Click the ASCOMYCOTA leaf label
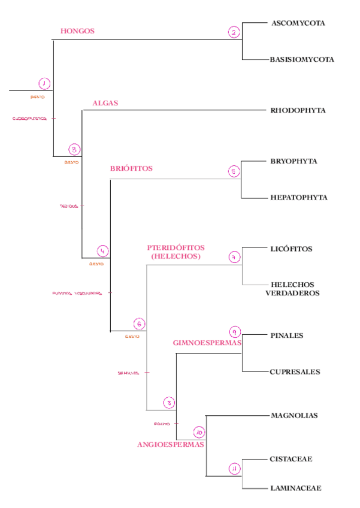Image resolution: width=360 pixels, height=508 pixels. (298, 23)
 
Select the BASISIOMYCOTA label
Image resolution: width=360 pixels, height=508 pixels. (301, 59)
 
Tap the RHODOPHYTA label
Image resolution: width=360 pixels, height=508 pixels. (298, 110)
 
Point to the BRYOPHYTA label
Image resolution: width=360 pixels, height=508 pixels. (294, 161)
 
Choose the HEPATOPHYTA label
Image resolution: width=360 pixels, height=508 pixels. (298, 197)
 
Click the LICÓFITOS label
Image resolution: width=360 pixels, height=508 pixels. (291, 249)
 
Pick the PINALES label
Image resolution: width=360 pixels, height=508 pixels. (287, 335)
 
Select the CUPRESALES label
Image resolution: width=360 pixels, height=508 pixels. (295, 371)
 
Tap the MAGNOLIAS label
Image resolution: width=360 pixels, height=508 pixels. (294, 415)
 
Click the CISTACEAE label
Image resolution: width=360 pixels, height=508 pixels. (291, 459)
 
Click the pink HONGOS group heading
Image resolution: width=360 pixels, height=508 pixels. (77, 31)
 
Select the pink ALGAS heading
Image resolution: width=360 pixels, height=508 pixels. (105, 103)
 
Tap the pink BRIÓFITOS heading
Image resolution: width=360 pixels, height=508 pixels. (131, 168)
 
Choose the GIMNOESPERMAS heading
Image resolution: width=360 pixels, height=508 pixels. (207, 343)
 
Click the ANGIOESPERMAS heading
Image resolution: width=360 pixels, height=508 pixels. (171, 444)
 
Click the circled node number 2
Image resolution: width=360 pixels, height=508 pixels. (234, 32)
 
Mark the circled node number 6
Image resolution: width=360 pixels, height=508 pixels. (139, 324)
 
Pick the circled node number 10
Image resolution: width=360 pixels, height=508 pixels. (199, 431)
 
